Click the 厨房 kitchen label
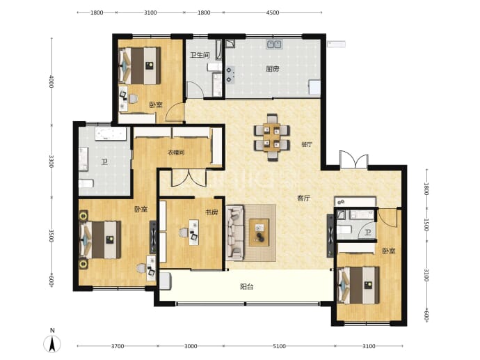point(273,69)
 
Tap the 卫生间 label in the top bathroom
point(200,55)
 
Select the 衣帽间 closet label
point(176,152)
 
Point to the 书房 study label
point(211,212)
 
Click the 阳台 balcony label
point(247,287)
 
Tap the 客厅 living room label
point(304,198)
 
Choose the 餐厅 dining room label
point(307,144)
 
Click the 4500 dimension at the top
point(273,13)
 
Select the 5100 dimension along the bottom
point(279,346)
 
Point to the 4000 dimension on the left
point(51,81)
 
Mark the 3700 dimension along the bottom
point(118,346)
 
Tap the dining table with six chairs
point(272,137)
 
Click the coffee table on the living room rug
point(259,233)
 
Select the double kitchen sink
point(274,45)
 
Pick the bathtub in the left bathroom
point(111,134)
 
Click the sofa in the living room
point(235,233)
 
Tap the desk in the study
point(194,232)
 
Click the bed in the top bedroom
point(140,65)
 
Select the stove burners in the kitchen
point(230,75)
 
